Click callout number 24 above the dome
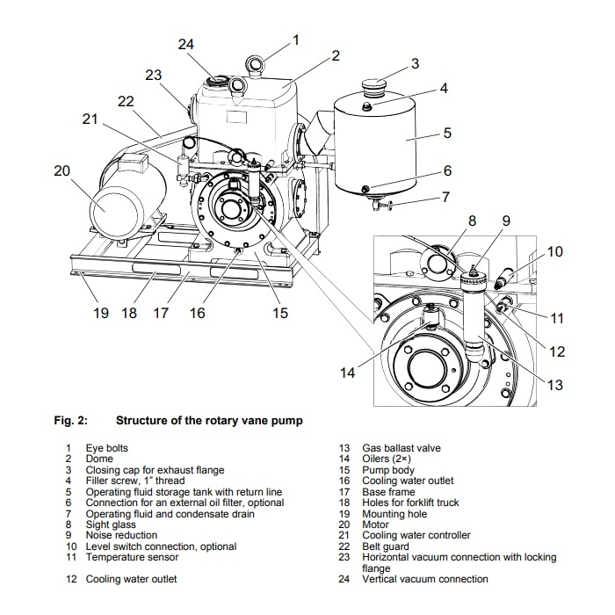(186, 44)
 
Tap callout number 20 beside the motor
(62, 170)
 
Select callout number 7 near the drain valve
(445, 197)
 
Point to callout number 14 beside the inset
(347, 373)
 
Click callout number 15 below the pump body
(280, 313)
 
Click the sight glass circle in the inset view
(436, 264)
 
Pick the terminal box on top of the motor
(134, 162)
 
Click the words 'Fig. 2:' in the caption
(71, 421)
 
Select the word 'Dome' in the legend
(99, 459)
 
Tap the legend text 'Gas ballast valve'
(402, 448)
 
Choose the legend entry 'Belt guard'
(386, 546)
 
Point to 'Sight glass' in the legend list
(111, 525)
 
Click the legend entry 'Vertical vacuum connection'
(425, 579)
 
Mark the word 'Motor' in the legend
(375, 525)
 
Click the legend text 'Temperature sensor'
(132, 557)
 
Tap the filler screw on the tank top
(367, 105)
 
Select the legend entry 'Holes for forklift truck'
(410, 503)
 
